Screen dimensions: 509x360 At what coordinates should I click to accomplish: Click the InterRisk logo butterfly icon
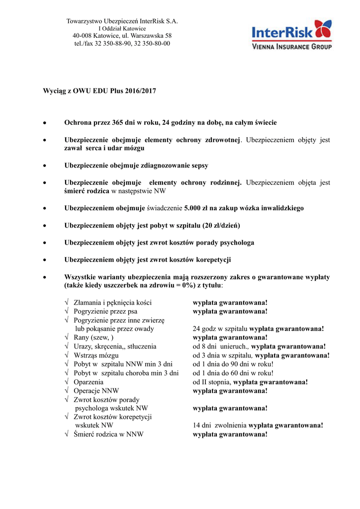coord(323,29)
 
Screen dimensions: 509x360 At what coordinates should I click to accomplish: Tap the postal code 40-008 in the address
coord(82,36)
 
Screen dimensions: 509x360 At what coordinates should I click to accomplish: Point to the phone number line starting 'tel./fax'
coord(122,43)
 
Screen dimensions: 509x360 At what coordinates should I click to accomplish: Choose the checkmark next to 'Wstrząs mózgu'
coord(68,356)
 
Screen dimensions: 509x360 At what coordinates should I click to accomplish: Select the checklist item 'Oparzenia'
coord(89,382)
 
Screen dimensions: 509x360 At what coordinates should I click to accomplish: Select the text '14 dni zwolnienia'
coord(220,425)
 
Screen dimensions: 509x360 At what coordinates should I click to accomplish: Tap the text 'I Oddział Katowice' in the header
coord(122,29)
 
